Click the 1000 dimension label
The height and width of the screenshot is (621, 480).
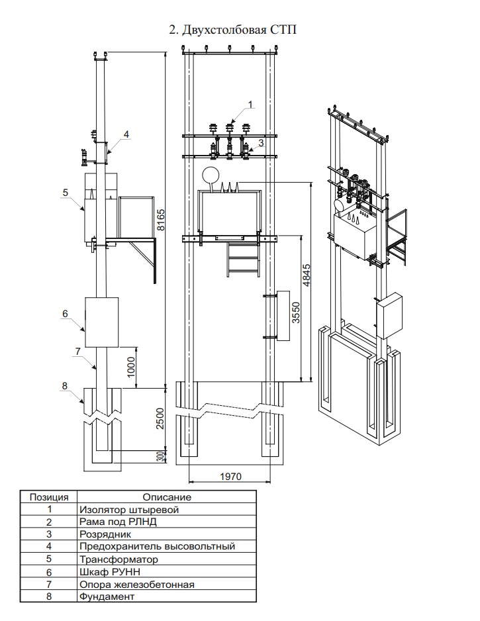coord(132,366)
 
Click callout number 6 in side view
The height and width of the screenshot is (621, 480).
coord(65,314)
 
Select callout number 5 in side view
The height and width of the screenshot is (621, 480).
coord(65,192)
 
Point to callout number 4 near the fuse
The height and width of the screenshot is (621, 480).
coord(126,134)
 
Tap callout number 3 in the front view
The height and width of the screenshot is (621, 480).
coord(262,142)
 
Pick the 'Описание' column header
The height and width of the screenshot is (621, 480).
coord(167,497)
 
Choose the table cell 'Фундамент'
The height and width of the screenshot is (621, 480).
coord(107,597)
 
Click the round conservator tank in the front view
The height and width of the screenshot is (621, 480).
coord(211,175)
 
